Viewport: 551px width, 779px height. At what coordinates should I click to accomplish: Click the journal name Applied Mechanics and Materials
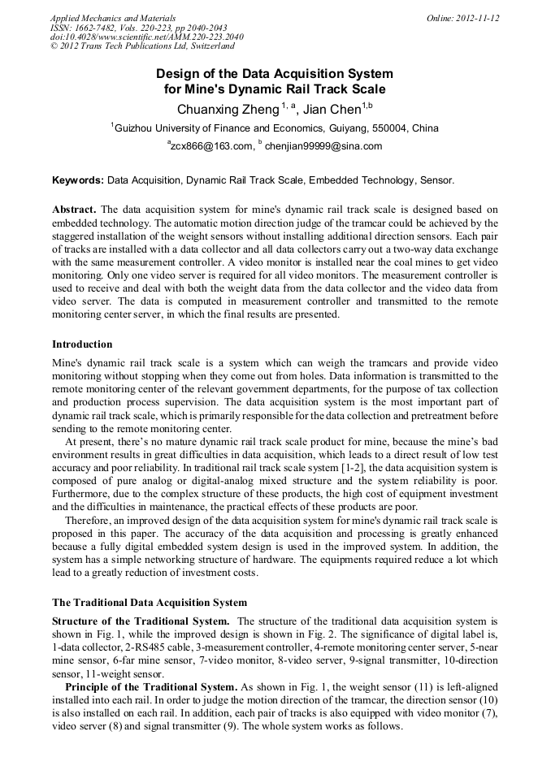pos(113,18)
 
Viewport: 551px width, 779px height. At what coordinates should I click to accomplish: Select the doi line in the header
pos(146,37)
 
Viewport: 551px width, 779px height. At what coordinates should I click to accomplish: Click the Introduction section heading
pos(82,344)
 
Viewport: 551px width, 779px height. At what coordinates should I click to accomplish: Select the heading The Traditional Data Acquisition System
pos(150,603)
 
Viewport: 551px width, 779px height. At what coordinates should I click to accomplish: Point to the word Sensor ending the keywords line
pos(438,180)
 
